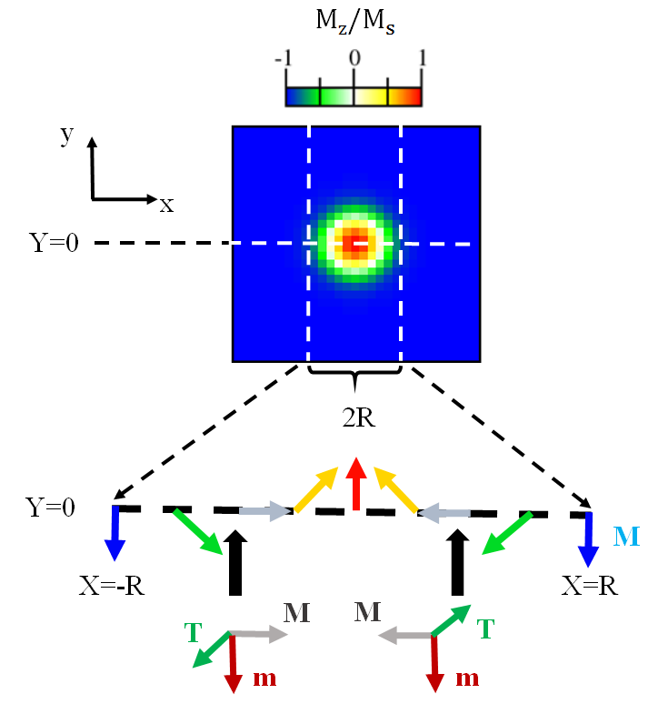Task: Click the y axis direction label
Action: click(x=65, y=136)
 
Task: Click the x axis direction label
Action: click(x=166, y=205)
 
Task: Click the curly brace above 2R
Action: click(x=354, y=371)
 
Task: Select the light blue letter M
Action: click(x=626, y=538)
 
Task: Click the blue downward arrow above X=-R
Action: click(x=115, y=533)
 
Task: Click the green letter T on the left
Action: click(x=192, y=629)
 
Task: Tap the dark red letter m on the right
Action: click(x=466, y=678)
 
